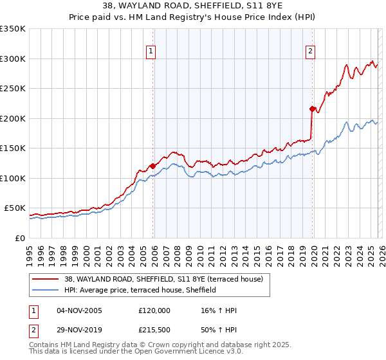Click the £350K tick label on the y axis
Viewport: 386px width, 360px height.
[13, 29]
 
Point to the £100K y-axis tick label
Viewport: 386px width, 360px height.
[13, 178]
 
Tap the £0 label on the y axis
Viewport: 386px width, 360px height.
[20, 238]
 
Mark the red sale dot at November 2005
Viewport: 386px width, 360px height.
[153, 166]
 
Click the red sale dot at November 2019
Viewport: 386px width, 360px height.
[313, 109]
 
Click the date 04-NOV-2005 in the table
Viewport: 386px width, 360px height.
[79, 310]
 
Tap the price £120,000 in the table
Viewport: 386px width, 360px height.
[154, 310]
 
